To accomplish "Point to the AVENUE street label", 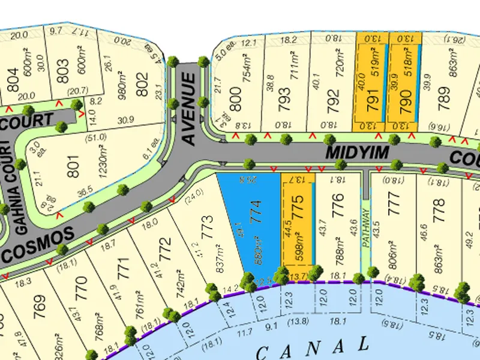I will [x=190, y=109].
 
